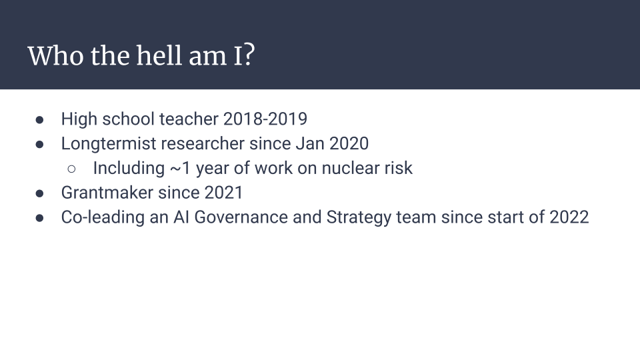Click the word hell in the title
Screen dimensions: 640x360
click(159, 55)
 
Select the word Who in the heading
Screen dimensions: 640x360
click(55, 55)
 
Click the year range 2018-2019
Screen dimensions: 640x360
click(265, 119)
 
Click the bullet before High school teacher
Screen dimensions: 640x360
click(39, 120)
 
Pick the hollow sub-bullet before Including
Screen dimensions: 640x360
click(71, 169)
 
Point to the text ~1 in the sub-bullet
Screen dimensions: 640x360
click(180, 168)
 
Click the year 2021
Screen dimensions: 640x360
click(223, 193)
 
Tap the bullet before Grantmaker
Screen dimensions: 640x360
click(39, 193)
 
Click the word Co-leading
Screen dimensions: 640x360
click(103, 217)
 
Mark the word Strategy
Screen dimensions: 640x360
click(359, 217)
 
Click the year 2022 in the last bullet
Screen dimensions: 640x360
click(569, 217)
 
